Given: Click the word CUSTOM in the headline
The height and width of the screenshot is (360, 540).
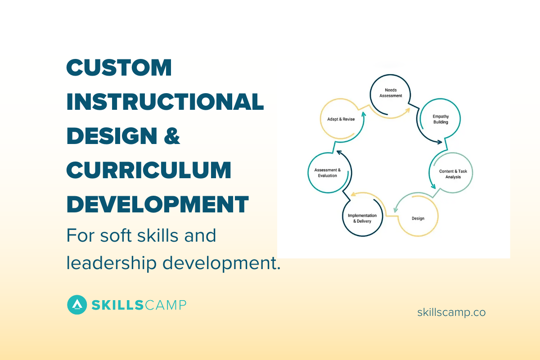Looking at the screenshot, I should tap(119, 67).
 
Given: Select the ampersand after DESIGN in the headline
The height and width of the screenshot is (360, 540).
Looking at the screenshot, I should tap(171, 136).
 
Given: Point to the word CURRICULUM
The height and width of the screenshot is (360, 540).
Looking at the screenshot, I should tap(149, 170).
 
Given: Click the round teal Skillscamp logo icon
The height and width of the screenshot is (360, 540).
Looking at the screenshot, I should tap(77, 305).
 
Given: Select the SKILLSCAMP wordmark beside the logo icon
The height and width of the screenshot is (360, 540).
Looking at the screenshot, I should tap(139, 305).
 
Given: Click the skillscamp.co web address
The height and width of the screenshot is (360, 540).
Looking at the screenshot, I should tap(451, 312).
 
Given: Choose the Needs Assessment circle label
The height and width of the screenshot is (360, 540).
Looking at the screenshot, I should tap(390, 93).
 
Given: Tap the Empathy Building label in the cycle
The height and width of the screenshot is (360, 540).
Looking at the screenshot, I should tap(441, 119).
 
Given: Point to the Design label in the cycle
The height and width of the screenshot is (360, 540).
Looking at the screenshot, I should tap(418, 219).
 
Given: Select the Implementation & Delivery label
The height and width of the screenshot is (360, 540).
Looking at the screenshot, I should tap(362, 218).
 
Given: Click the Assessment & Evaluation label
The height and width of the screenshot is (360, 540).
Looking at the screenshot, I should tap(328, 173).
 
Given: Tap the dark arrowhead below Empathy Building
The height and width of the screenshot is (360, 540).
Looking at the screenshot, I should tap(440, 143).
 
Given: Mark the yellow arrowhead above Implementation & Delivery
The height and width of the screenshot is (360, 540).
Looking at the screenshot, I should tap(354, 194).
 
